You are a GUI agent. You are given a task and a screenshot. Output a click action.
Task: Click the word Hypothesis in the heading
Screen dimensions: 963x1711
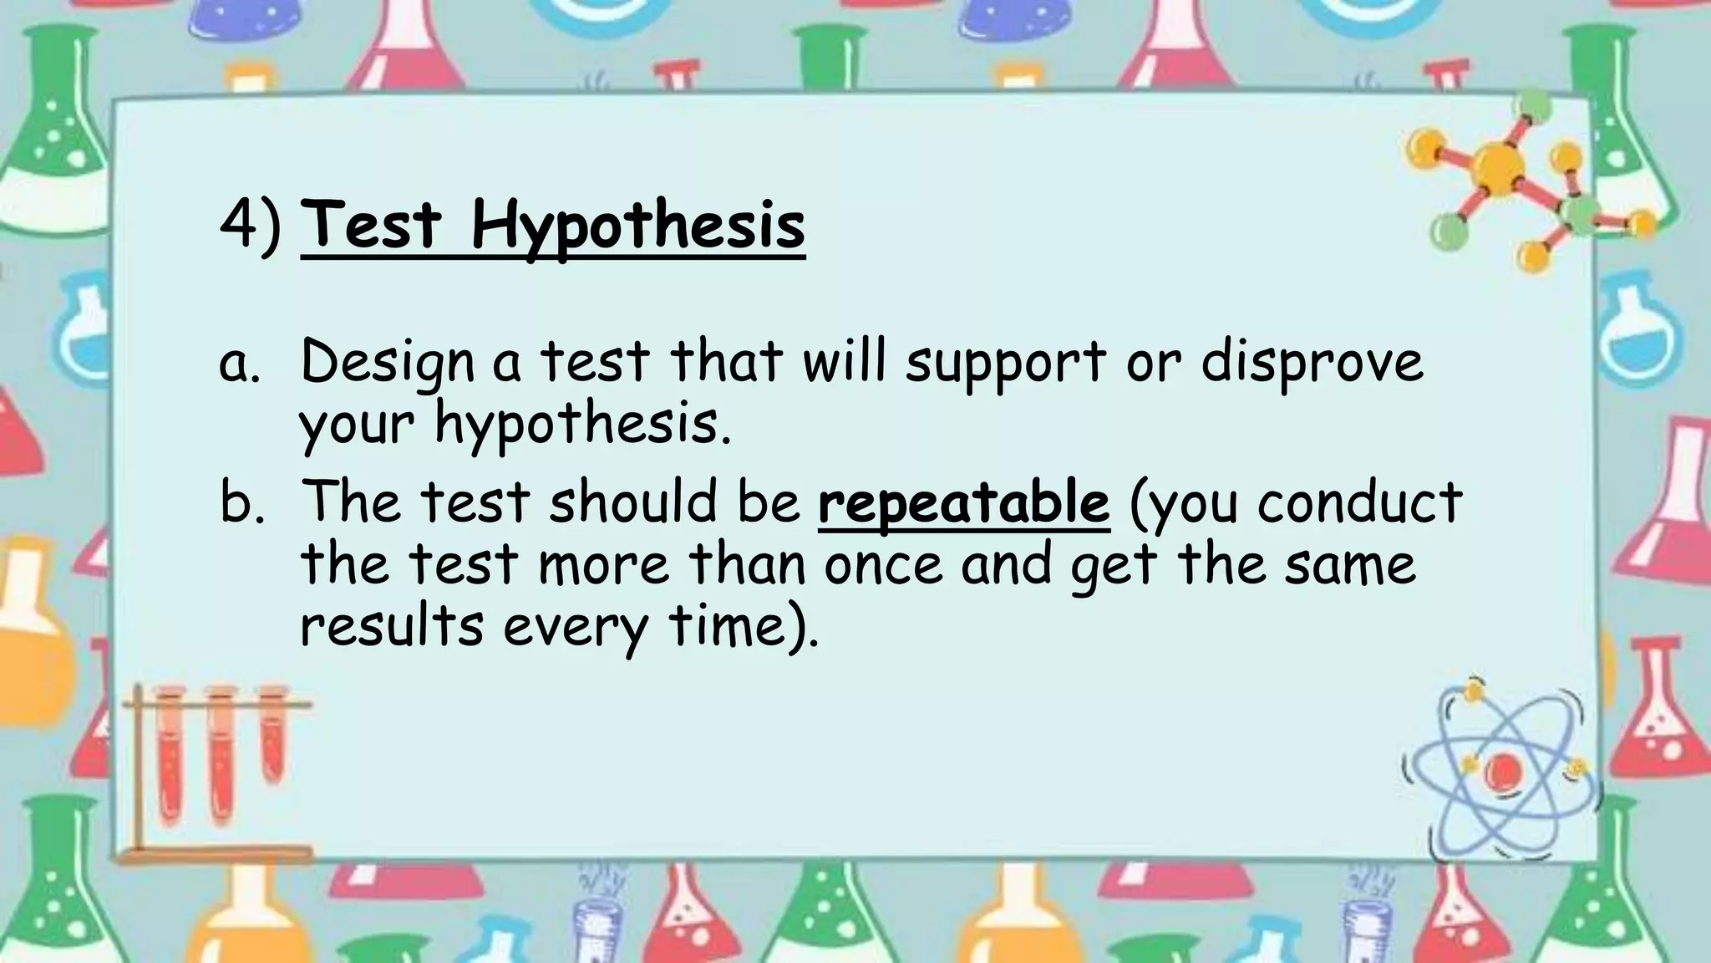(x=637, y=226)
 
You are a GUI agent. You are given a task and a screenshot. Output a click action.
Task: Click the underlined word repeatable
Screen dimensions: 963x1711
(x=963, y=503)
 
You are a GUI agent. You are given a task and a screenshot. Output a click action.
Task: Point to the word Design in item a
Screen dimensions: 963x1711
(x=387, y=364)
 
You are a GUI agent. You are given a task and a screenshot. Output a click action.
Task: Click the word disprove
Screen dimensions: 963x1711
(x=1312, y=364)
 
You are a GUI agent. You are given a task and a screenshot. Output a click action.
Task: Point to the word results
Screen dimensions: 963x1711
(x=391, y=627)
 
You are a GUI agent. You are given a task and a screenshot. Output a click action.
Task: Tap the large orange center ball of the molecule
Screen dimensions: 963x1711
(x=1495, y=165)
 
